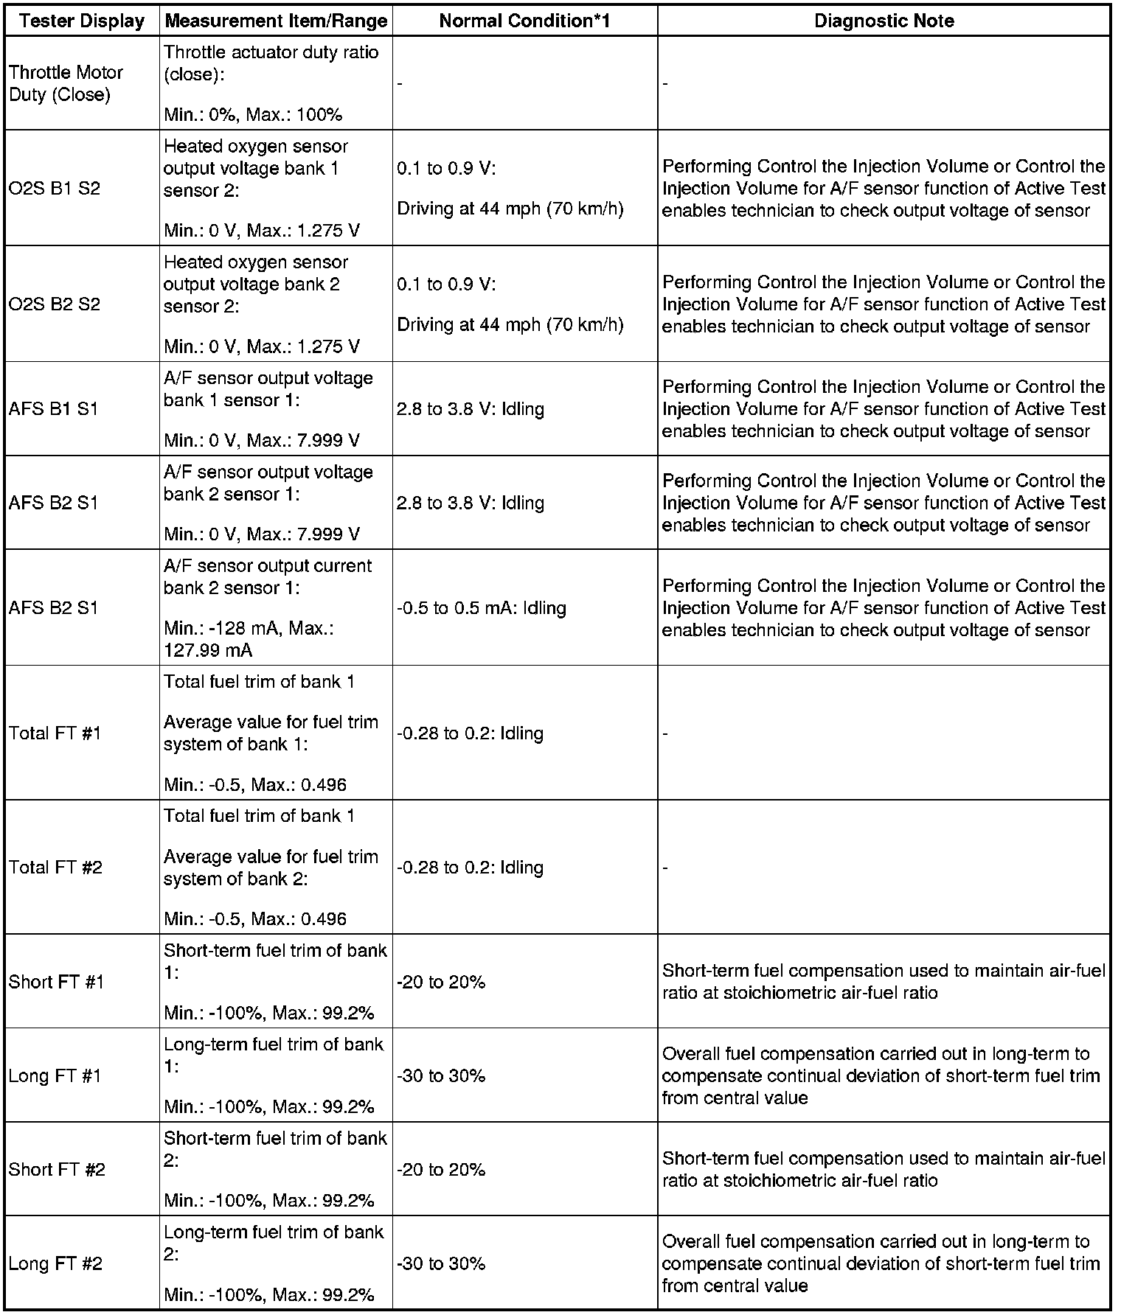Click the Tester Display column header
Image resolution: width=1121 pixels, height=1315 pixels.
[x=82, y=21]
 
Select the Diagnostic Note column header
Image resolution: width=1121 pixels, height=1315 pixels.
[x=884, y=21]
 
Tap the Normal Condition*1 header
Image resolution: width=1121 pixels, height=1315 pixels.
[x=524, y=21]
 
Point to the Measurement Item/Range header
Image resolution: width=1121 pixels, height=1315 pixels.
[x=276, y=21]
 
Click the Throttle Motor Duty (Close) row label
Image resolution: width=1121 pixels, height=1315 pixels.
[x=66, y=83]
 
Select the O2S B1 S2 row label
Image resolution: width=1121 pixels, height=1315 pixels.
[x=55, y=188]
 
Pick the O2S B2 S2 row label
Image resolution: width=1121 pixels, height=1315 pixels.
[x=55, y=304]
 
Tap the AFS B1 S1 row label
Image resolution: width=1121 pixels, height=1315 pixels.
[x=53, y=408]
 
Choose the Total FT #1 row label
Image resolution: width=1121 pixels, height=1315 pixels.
[x=55, y=733]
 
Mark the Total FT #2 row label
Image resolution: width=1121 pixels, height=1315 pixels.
[x=55, y=867]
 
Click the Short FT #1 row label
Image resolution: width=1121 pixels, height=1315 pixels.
[x=57, y=981]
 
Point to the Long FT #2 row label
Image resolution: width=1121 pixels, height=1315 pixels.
[x=55, y=1263]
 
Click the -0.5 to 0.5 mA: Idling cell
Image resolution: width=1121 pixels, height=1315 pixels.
[x=482, y=607]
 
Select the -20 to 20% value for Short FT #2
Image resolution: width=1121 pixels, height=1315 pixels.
[x=441, y=1169]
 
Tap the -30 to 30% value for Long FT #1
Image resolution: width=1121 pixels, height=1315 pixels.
[x=441, y=1075]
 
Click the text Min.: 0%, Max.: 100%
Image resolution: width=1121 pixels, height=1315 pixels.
[x=253, y=114]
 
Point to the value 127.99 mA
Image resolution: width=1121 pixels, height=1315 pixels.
[x=208, y=649]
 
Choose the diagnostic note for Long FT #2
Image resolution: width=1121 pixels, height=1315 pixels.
[x=881, y=1263]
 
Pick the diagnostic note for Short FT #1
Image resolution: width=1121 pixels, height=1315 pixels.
[x=884, y=981]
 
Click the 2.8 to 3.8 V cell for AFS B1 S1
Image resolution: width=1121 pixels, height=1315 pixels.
[x=471, y=408]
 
